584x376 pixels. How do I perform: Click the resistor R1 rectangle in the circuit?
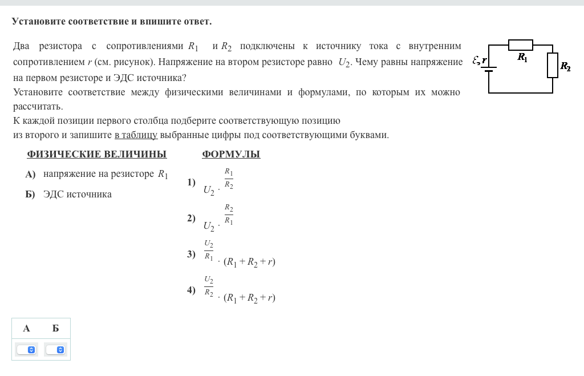coord(520,45)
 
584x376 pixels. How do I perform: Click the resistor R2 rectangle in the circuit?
coord(552,65)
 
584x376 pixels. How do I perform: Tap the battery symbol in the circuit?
coord(489,69)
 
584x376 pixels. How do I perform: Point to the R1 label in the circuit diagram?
coord(522,57)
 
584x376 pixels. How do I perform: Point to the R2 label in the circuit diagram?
coord(565,66)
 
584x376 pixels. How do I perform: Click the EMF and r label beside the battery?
coord(480,60)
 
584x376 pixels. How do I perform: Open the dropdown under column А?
coord(26,349)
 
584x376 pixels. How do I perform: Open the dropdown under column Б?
coord(55,349)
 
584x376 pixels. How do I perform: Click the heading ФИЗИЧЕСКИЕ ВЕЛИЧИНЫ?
coord(96,154)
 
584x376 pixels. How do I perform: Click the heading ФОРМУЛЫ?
coord(231,154)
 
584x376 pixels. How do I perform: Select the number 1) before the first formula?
coord(191,183)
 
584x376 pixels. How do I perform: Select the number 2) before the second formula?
coord(191,218)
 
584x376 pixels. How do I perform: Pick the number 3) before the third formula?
coord(191,254)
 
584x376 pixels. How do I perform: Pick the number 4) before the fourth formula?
coord(191,290)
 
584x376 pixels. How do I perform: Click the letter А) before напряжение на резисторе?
coord(30,174)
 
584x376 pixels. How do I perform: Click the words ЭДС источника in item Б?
coord(78,195)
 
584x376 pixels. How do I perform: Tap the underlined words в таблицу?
coord(136,135)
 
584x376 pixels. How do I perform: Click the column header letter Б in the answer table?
coord(55,329)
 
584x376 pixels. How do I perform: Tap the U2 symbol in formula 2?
coord(209,227)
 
